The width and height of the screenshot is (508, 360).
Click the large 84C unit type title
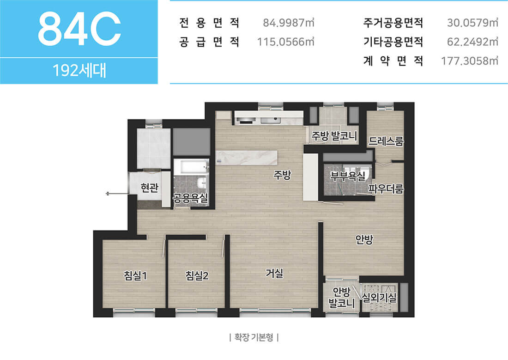(79, 29)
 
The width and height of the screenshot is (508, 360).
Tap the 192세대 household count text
(79, 70)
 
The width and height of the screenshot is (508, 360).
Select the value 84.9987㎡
(288, 23)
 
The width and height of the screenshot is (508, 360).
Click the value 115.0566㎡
(285, 42)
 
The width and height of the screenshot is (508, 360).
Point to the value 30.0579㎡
(472, 23)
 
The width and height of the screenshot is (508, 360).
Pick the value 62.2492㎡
(472, 42)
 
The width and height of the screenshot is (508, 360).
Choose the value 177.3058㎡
(470, 61)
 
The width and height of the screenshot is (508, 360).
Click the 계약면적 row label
(393, 61)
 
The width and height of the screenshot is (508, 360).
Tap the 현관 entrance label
(149, 188)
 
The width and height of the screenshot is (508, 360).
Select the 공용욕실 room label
(190, 198)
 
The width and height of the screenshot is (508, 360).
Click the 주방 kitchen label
(282, 175)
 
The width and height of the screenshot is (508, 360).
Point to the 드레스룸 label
(386, 141)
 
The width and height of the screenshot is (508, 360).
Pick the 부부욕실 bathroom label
(348, 176)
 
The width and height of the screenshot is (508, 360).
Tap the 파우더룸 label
(386, 189)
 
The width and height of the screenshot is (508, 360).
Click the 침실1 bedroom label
(135, 276)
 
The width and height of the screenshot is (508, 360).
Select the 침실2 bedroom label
(197, 276)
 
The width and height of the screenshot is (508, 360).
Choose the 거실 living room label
(274, 274)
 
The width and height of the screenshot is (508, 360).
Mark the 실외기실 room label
(379, 298)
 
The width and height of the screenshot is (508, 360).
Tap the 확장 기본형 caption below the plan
(254, 337)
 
